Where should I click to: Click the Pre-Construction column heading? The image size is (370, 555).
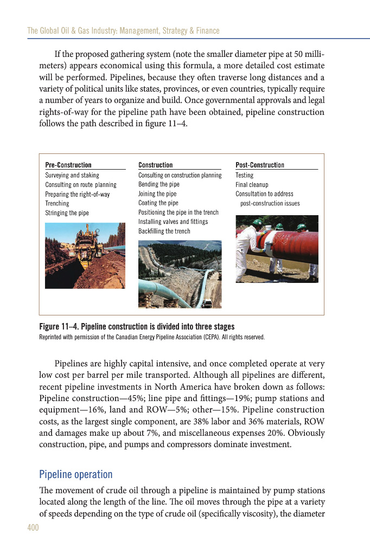pyautogui.click(x=68, y=165)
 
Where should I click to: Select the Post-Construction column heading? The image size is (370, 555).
pyautogui.click(x=259, y=165)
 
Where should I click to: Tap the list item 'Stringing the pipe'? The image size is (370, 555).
pyautogui.click(x=67, y=213)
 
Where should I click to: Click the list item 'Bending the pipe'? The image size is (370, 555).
pyautogui.click(x=159, y=185)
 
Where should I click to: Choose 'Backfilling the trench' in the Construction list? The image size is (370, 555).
pyautogui.click(x=164, y=231)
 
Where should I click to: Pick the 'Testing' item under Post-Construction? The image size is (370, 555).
pyautogui.click(x=244, y=176)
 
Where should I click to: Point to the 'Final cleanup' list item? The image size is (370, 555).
pyautogui.click(x=252, y=185)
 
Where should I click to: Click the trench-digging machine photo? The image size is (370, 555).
pyautogui.click(x=85, y=255)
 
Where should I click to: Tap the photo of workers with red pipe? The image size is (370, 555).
pyautogui.click(x=277, y=249)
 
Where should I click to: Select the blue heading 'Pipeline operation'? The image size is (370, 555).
pyautogui.click(x=76, y=475)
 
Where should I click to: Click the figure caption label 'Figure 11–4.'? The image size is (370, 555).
pyautogui.click(x=59, y=326)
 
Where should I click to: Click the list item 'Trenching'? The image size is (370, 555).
pyautogui.click(x=57, y=204)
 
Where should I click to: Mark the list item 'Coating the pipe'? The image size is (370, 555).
pyautogui.click(x=158, y=203)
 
